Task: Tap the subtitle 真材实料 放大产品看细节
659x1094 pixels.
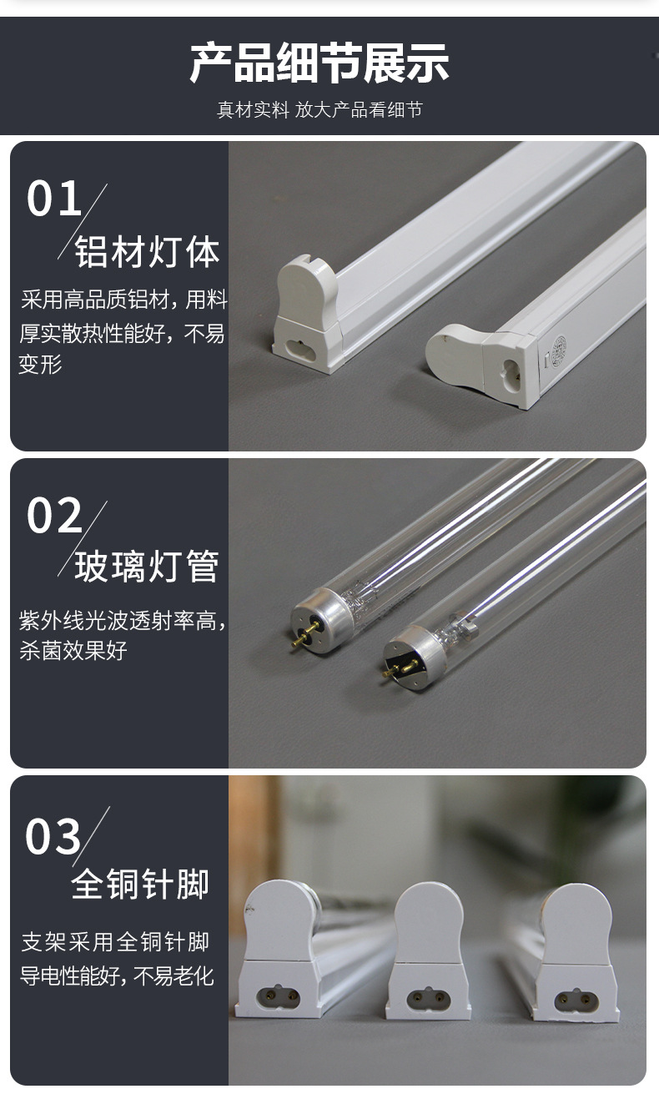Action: [x=319, y=110]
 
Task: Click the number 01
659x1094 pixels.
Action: [x=55, y=199]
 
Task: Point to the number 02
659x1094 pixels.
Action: [x=55, y=515]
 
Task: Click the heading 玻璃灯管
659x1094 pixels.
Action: [x=147, y=567]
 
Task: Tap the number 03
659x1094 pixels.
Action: [x=54, y=836]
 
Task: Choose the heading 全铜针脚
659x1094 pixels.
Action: [x=140, y=885]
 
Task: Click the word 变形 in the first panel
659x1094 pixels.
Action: [x=40, y=365]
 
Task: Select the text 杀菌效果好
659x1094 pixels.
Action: [x=73, y=651]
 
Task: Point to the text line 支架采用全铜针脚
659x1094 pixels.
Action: [x=115, y=943]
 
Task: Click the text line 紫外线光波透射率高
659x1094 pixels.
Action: [x=122, y=621]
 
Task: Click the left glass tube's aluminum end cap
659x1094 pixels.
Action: [x=313, y=622]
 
